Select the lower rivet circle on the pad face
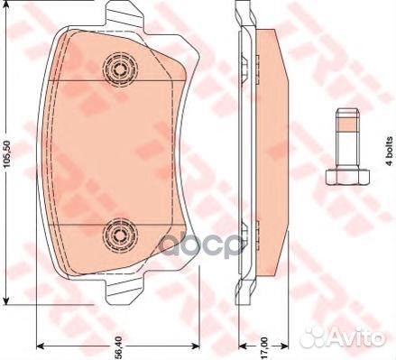click(117, 235)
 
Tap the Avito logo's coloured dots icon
click(318, 338)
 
